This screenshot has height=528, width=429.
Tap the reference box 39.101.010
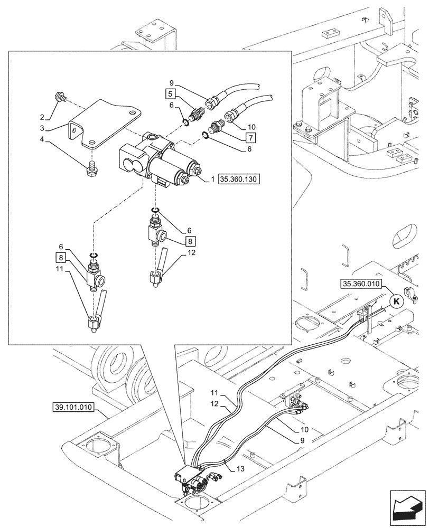(x=73, y=407)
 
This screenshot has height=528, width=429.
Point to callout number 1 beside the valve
(x=212, y=180)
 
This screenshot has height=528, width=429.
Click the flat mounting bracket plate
(x=103, y=124)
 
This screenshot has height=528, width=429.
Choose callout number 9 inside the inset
(x=172, y=82)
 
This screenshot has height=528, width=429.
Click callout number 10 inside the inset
(x=251, y=127)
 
